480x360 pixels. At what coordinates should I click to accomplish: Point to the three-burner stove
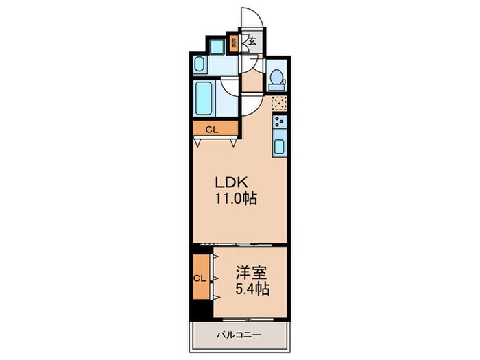pos(280,123)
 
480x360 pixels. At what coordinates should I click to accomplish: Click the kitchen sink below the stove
pos(280,145)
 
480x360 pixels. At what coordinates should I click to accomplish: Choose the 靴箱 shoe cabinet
pos(234,43)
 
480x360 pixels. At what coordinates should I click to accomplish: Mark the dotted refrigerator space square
pos(279,104)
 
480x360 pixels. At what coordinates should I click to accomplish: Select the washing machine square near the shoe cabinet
pos(217,46)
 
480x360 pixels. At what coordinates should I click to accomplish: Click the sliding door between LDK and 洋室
pos(239,245)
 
